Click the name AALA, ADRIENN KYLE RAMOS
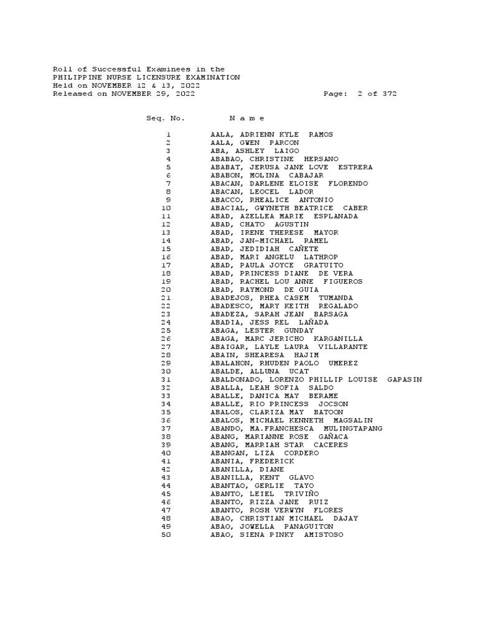click(272, 134)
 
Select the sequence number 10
click(166, 208)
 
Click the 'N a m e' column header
click(247, 118)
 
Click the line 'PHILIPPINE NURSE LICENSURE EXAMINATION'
click(146, 77)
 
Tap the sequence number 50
click(166, 535)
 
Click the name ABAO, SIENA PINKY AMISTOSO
click(276, 535)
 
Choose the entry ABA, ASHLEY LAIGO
click(255, 151)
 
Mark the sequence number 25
click(166, 330)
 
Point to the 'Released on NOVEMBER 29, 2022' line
click(124, 94)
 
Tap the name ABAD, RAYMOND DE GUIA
click(265, 290)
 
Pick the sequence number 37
click(166, 429)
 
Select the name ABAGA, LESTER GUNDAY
click(262, 330)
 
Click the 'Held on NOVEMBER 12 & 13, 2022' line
click(126, 85)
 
